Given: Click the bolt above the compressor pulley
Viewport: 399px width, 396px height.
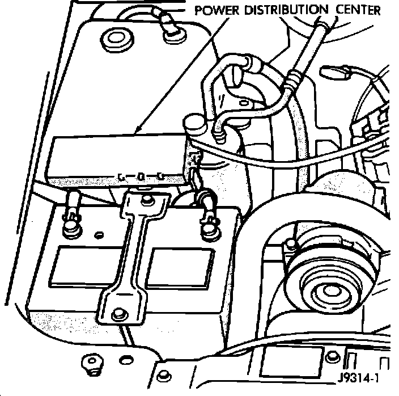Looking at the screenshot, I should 291,245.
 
